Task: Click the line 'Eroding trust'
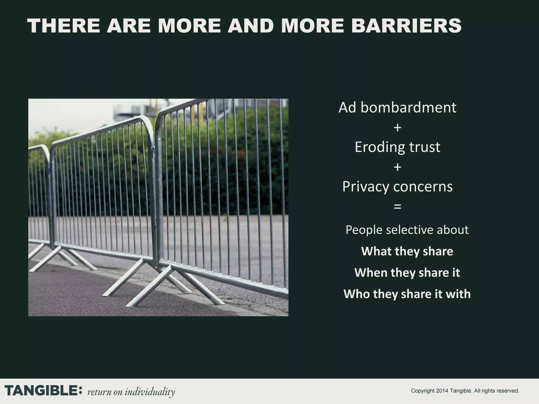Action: point(397,147)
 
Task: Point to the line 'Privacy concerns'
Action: point(397,186)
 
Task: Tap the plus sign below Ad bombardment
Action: point(397,128)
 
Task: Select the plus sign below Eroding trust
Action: point(397,167)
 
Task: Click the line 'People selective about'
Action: point(407,230)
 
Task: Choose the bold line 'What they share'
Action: point(407,251)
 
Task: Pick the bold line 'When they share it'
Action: point(407,272)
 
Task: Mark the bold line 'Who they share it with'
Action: point(407,294)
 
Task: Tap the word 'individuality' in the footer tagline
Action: point(150,392)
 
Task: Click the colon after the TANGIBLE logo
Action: point(81,391)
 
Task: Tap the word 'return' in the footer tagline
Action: point(99,392)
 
